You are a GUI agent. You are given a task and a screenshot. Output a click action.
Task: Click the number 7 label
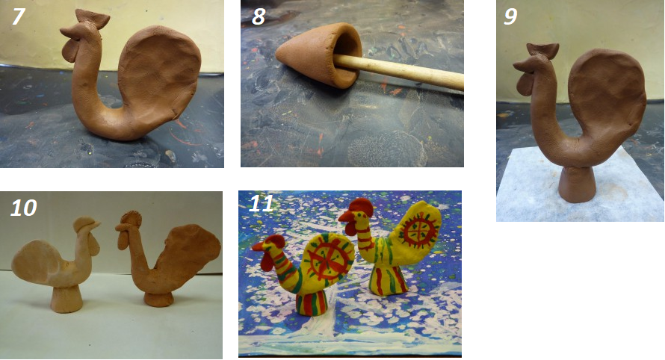click(18, 16)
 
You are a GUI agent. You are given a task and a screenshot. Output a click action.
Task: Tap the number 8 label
click(259, 16)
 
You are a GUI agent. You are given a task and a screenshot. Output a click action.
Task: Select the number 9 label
click(510, 16)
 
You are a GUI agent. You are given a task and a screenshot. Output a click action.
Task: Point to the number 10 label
click(24, 208)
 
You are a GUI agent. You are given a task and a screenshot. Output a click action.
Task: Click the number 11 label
click(262, 203)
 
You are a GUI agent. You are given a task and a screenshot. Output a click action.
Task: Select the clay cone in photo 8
click(319, 55)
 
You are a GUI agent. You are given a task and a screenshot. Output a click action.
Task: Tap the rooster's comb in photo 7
click(92, 19)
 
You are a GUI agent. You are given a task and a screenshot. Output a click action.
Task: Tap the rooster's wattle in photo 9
click(525, 84)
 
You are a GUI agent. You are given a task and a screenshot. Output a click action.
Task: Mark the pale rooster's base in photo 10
click(66, 300)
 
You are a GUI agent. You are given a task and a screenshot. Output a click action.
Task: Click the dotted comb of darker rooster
click(131, 219)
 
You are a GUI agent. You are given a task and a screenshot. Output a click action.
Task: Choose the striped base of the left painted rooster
click(312, 302)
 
